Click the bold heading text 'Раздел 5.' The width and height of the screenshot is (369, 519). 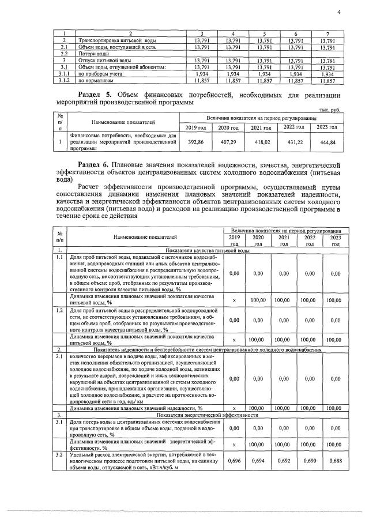(x=96, y=93)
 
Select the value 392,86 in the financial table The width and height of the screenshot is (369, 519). (x=197, y=140)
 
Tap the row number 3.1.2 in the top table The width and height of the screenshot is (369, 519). (x=65, y=81)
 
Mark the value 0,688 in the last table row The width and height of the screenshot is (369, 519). (x=332, y=462)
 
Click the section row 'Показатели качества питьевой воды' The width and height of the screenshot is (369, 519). (x=207, y=251)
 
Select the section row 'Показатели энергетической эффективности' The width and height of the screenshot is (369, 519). (x=207, y=414)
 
